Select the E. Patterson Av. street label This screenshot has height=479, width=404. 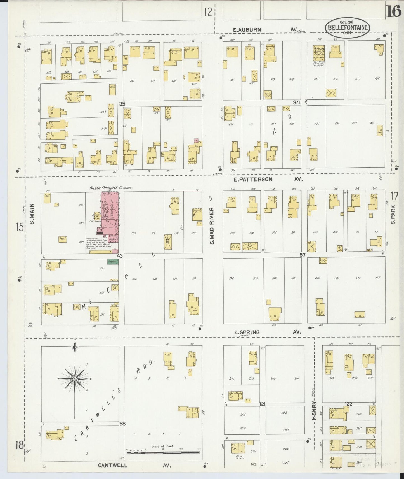(x=268, y=179)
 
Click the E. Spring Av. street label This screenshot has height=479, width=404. (x=267, y=332)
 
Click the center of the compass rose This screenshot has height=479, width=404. (x=75, y=379)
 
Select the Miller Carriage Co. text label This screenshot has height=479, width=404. (x=111, y=188)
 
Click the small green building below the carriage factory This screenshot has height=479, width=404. (x=113, y=262)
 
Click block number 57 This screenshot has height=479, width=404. (x=303, y=255)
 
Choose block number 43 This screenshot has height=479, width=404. (x=120, y=256)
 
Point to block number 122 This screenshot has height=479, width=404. (x=348, y=404)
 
